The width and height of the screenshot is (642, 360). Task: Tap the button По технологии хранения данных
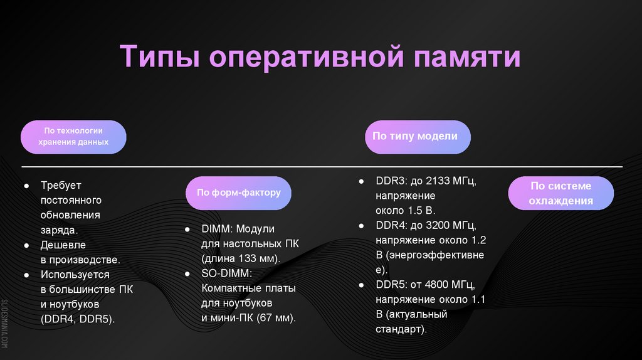73,137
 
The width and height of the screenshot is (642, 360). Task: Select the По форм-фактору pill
239,193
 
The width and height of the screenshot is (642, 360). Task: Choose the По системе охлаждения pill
560,193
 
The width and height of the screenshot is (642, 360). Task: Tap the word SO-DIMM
226,273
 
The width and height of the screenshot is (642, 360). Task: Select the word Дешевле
63,245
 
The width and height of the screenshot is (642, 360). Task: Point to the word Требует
61,186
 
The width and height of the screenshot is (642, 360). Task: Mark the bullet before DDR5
362,285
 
